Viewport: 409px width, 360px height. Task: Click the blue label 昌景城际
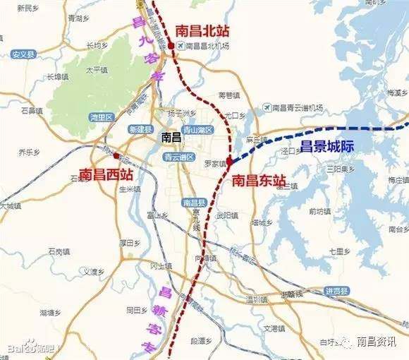(x=326, y=146)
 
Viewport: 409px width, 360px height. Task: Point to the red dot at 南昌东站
(x=229, y=161)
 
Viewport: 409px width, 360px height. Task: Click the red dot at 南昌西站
(x=116, y=155)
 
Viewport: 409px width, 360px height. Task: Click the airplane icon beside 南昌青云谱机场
(x=266, y=107)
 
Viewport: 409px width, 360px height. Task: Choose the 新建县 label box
(x=140, y=129)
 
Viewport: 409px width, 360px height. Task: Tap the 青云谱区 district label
(x=178, y=157)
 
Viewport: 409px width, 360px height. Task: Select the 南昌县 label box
(x=193, y=203)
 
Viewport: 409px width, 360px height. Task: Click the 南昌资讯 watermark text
(x=376, y=342)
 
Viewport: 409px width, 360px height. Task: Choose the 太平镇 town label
(x=97, y=71)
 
